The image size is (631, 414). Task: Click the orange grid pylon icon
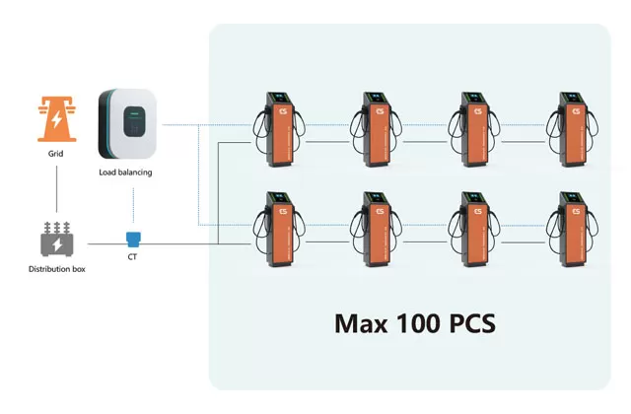tap(56, 119)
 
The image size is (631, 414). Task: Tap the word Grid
tap(56, 155)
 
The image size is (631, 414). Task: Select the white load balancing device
tap(126, 124)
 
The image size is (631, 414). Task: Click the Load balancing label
tap(126, 172)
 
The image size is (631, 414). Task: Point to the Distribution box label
tap(56, 268)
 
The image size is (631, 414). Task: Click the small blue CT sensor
tap(133, 238)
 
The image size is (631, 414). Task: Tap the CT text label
tap(133, 258)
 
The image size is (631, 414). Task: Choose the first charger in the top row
tap(280, 133)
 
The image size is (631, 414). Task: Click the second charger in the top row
tap(377, 133)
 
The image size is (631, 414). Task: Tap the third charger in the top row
tap(474, 133)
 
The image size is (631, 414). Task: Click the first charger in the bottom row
tap(280, 234)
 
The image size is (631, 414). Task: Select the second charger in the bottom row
tap(377, 234)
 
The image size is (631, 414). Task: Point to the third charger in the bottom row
tap(474, 234)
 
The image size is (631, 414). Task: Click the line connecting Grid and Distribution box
tap(56, 192)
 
